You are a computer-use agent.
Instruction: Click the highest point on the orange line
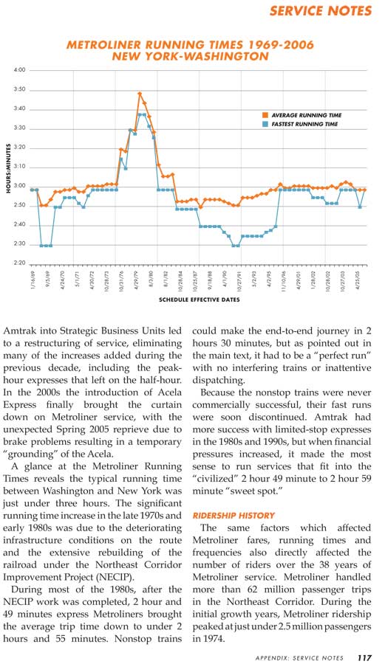[140, 93]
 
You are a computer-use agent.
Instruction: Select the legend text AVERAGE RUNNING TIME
[306, 115]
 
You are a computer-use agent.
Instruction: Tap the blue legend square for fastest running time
[265, 124]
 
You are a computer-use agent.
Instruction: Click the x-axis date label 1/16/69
[33, 280]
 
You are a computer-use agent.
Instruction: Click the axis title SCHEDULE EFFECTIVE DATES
[200, 300]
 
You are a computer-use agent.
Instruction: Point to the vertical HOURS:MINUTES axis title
[8, 168]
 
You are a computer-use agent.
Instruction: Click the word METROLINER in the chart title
[103, 45]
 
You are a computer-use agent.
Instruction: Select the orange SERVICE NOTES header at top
[321, 10]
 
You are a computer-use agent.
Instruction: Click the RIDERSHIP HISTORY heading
[234, 516]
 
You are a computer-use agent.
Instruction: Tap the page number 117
[364, 657]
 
